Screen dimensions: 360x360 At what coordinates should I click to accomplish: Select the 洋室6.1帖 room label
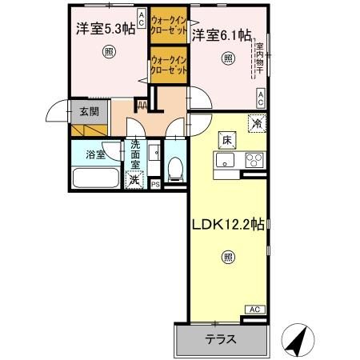221,34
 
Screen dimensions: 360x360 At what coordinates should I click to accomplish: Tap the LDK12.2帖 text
226,225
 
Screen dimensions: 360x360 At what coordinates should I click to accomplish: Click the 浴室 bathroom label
95,154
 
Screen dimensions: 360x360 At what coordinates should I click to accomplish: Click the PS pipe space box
155,184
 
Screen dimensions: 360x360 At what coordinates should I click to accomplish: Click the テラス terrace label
219,338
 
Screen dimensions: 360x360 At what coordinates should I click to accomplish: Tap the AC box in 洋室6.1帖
261,98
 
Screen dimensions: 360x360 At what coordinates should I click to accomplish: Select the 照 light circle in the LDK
228,257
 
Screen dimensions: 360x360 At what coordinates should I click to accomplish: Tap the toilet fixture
174,166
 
